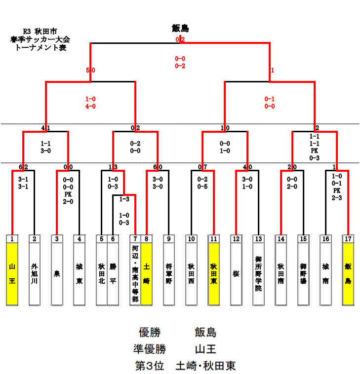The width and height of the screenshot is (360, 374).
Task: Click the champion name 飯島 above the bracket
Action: coord(180,29)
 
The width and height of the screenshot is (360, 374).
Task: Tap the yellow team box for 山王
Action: coord(12,274)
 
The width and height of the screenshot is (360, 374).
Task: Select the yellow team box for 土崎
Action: coord(147,274)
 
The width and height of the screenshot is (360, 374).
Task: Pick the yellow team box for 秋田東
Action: coord(213,274)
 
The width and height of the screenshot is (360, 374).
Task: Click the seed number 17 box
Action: coord(349,239)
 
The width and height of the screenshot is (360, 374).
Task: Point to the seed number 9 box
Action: coord(169,239)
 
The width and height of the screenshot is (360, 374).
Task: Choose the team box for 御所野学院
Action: coord(258,274)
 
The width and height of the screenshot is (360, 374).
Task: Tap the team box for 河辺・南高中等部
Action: coord(135,274)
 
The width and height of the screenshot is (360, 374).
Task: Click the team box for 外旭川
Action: coord(34,274)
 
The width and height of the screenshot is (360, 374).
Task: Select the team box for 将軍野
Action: coord(169,274)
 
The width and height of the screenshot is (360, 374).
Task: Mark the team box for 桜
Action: coord(236,274)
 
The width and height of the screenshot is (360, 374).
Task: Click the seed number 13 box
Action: coord(258,239)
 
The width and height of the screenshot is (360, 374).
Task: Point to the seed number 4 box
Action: coord(79,239)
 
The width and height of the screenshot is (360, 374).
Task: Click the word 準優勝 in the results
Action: coord(149,349)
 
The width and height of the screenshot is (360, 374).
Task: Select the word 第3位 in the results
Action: coord(150,366)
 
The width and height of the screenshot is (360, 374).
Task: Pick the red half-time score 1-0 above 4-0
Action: coord(90,99)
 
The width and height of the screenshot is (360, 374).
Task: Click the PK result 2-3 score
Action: coord(337,197)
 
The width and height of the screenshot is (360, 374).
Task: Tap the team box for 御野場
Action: coord(304,274)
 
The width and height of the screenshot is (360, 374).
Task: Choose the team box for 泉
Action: coord(57,274)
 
